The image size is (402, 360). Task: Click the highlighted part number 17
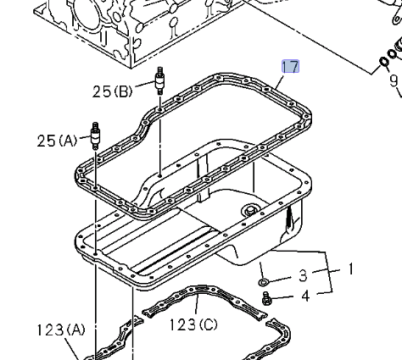[290, 67]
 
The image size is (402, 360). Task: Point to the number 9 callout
[393, 81]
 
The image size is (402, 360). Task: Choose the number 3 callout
[302, 277]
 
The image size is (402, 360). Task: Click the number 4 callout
[303, 296]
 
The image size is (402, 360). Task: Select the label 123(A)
[60, 330]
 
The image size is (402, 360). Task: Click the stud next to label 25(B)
[158, 83]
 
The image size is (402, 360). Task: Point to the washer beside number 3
[264, 280]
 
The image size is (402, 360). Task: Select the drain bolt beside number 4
[266, 297]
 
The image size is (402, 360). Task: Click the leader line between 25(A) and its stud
[85, 137]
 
